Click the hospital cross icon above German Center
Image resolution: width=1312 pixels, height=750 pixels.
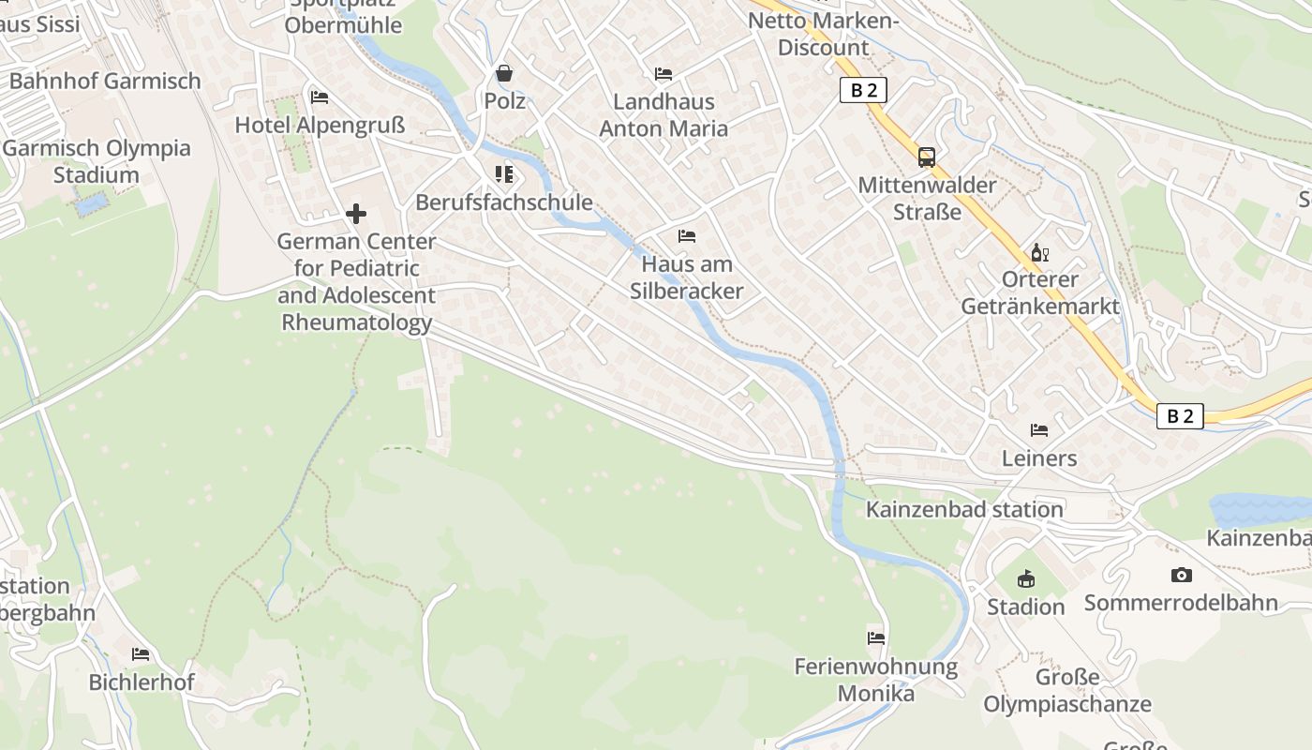click(x=356, y=215)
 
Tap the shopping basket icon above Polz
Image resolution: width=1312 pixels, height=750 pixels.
click(x=504, y=73)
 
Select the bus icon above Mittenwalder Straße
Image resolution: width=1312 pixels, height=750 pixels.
click(x=927, y=157)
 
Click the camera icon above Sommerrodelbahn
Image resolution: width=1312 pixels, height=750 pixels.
click(x=1181, y=575)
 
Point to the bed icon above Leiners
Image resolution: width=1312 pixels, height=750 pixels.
click(x=1039, y=430)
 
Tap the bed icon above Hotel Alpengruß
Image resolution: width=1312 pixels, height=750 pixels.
click(x=320, y=97)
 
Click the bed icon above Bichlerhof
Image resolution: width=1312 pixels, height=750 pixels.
click(x=141, y=654)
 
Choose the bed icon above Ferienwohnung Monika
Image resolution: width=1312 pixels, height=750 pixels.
click(x=876, y=638)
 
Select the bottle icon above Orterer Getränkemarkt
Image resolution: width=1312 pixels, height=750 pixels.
click(x=1039, y=252)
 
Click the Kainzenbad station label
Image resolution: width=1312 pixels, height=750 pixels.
click(x=964, y=509)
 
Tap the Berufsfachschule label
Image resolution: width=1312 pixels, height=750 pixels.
click(x=504, y=202)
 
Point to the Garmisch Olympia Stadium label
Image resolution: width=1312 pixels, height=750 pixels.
click(x=97, y=161)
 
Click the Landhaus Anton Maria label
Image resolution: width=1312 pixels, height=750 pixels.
click(x=663, y=114)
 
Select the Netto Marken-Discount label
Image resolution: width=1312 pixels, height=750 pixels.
click(x=824, y=34)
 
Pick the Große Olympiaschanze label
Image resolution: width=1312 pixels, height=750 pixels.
click(x=1067, y=690)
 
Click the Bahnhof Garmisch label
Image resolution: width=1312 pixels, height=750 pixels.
click(x=105, y=81)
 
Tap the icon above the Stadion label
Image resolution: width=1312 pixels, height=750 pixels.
click(x=1026, y=578)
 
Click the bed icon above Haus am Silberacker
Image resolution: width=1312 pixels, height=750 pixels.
click(x=687, y=236)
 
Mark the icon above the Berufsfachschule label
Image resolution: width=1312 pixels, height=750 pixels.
click(x=504, y=174)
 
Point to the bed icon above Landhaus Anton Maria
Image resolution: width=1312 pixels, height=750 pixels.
click(x=663, y=74)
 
